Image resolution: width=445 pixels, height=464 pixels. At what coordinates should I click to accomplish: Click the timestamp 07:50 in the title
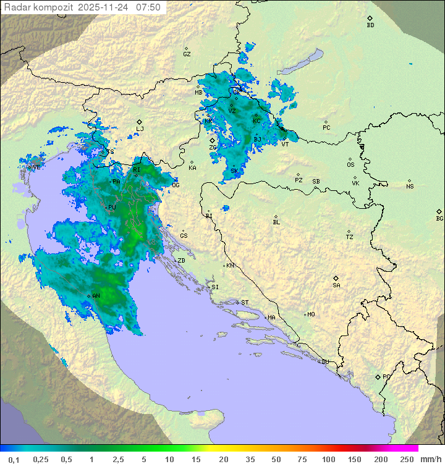pyautogui.click(x=148, y=7)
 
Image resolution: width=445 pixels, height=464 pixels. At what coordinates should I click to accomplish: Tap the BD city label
pyautogui.click(x=370, y=25)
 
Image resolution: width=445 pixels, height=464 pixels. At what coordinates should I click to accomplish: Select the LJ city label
pyautogui.click(x=140, y=129)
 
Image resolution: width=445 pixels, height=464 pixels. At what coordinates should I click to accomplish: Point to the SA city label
pyautogui.click(x=336, y=285)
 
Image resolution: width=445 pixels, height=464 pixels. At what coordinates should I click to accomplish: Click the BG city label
pyautogui.click(x=439, y=218)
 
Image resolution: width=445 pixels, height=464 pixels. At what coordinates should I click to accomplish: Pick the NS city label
pyautogui.click(x=410, y=186)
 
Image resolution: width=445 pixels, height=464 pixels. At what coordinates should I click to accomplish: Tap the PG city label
pyautogui.click(x=386, y=376)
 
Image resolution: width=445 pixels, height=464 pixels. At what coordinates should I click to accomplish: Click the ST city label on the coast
pyautogui.click(x=245, y=302)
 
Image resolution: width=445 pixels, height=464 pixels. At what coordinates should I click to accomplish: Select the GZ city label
pyautogui.click(x=187, y=54)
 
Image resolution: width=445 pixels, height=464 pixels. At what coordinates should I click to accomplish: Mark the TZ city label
pyautogui.click(x=350, y=237)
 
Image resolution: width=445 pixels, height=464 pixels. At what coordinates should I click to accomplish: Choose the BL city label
pyautogui.click(x=276, y=222)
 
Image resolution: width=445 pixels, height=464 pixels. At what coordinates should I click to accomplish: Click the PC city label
pyautogui.click(x=326, y=127)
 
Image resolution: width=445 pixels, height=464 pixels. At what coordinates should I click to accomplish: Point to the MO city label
pyautogui.click(x=311, y=314)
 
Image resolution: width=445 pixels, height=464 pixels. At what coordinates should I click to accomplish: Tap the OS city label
pyautogui.click(x=350, y=164)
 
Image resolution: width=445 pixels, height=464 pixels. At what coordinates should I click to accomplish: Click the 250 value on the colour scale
pyautogui.click(x=407, y=459)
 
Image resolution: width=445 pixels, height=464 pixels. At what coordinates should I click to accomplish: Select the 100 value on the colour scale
pyautogui.click(x=328, y=459)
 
